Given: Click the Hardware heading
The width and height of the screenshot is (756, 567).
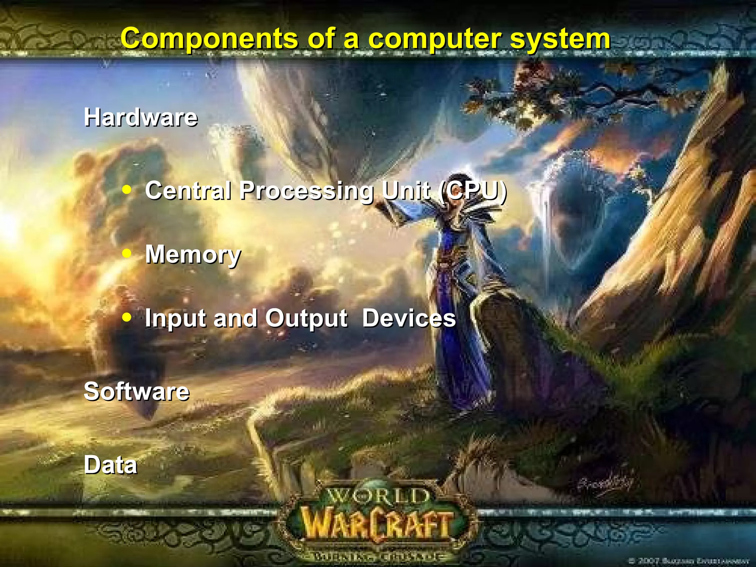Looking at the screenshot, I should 141,118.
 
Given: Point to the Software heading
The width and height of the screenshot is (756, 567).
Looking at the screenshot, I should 137,392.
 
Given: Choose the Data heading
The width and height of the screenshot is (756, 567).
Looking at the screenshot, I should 110,465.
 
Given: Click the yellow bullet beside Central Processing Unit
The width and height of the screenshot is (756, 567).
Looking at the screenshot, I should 127,190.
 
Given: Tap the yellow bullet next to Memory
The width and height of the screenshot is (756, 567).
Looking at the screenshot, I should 127,254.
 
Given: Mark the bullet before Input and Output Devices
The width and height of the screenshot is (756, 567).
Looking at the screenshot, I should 127,317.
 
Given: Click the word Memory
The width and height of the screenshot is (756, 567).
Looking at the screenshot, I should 193,255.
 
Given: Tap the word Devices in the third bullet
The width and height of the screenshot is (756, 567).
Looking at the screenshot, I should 409,318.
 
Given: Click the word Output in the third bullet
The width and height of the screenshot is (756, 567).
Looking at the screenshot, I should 306,319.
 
